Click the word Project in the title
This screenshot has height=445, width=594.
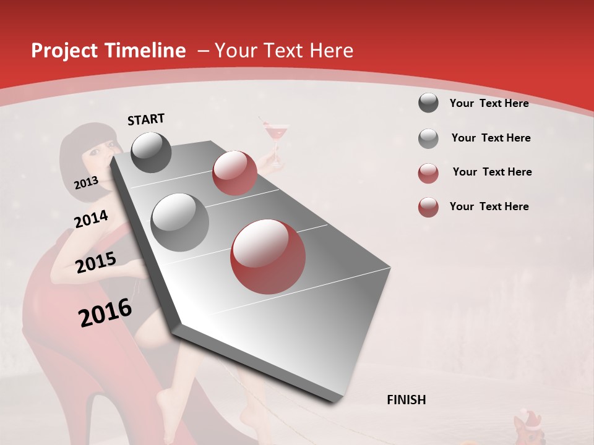tap(64, 51)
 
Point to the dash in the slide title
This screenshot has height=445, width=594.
tap(203, 51)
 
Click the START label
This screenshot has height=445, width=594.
tap(146, 119)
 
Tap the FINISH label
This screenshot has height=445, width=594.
tap(407, 400)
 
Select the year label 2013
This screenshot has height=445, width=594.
tap(86, 182)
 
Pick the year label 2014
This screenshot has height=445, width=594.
tap(91, 219)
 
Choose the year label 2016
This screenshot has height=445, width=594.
tap(105, 313)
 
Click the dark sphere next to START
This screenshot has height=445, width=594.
tap(151, 152)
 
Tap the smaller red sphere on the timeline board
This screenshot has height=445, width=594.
tap(235, 173)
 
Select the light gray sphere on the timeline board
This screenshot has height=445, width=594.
tap(180, 222)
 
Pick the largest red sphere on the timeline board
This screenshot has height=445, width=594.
tap(269, 256)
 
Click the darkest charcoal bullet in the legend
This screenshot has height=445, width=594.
tap(428, 103)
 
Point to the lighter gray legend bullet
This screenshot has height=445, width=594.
tap(428, 138)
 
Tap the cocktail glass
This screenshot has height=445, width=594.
tap(275, 139)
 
